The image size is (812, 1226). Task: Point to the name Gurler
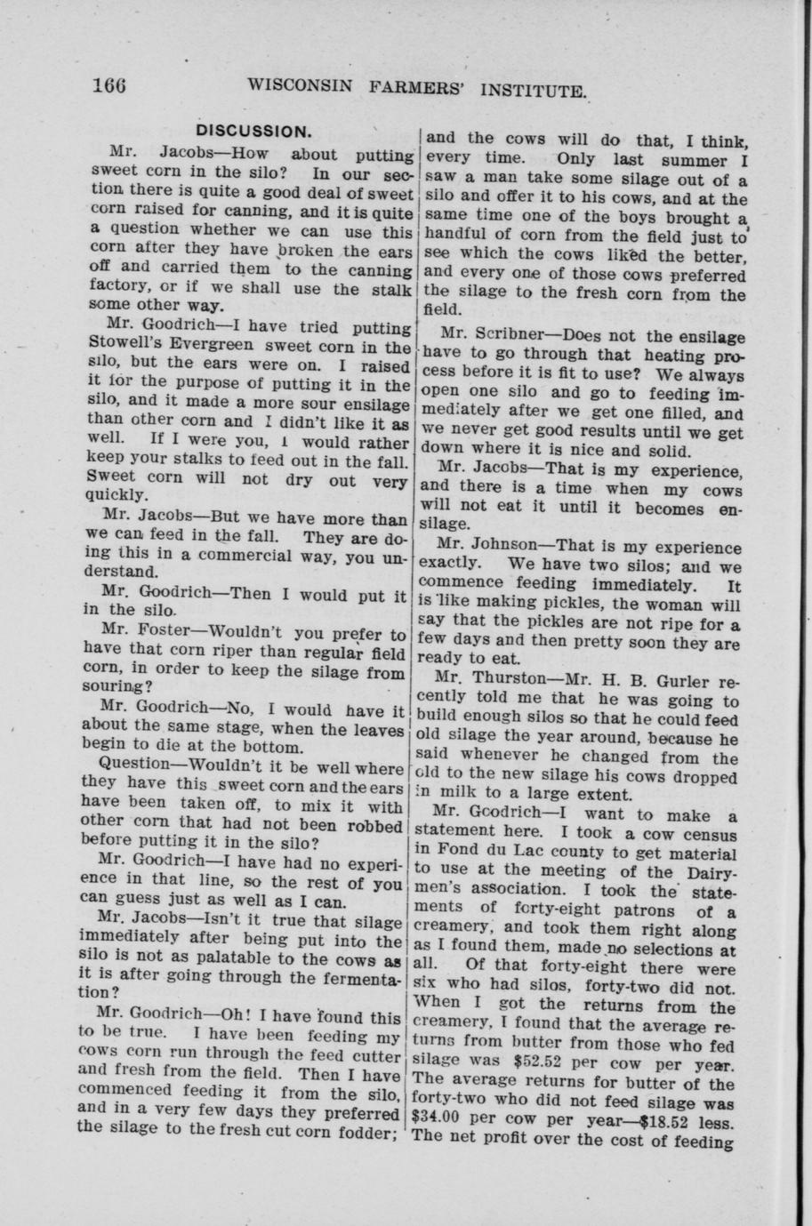click(x=677, y=682)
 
